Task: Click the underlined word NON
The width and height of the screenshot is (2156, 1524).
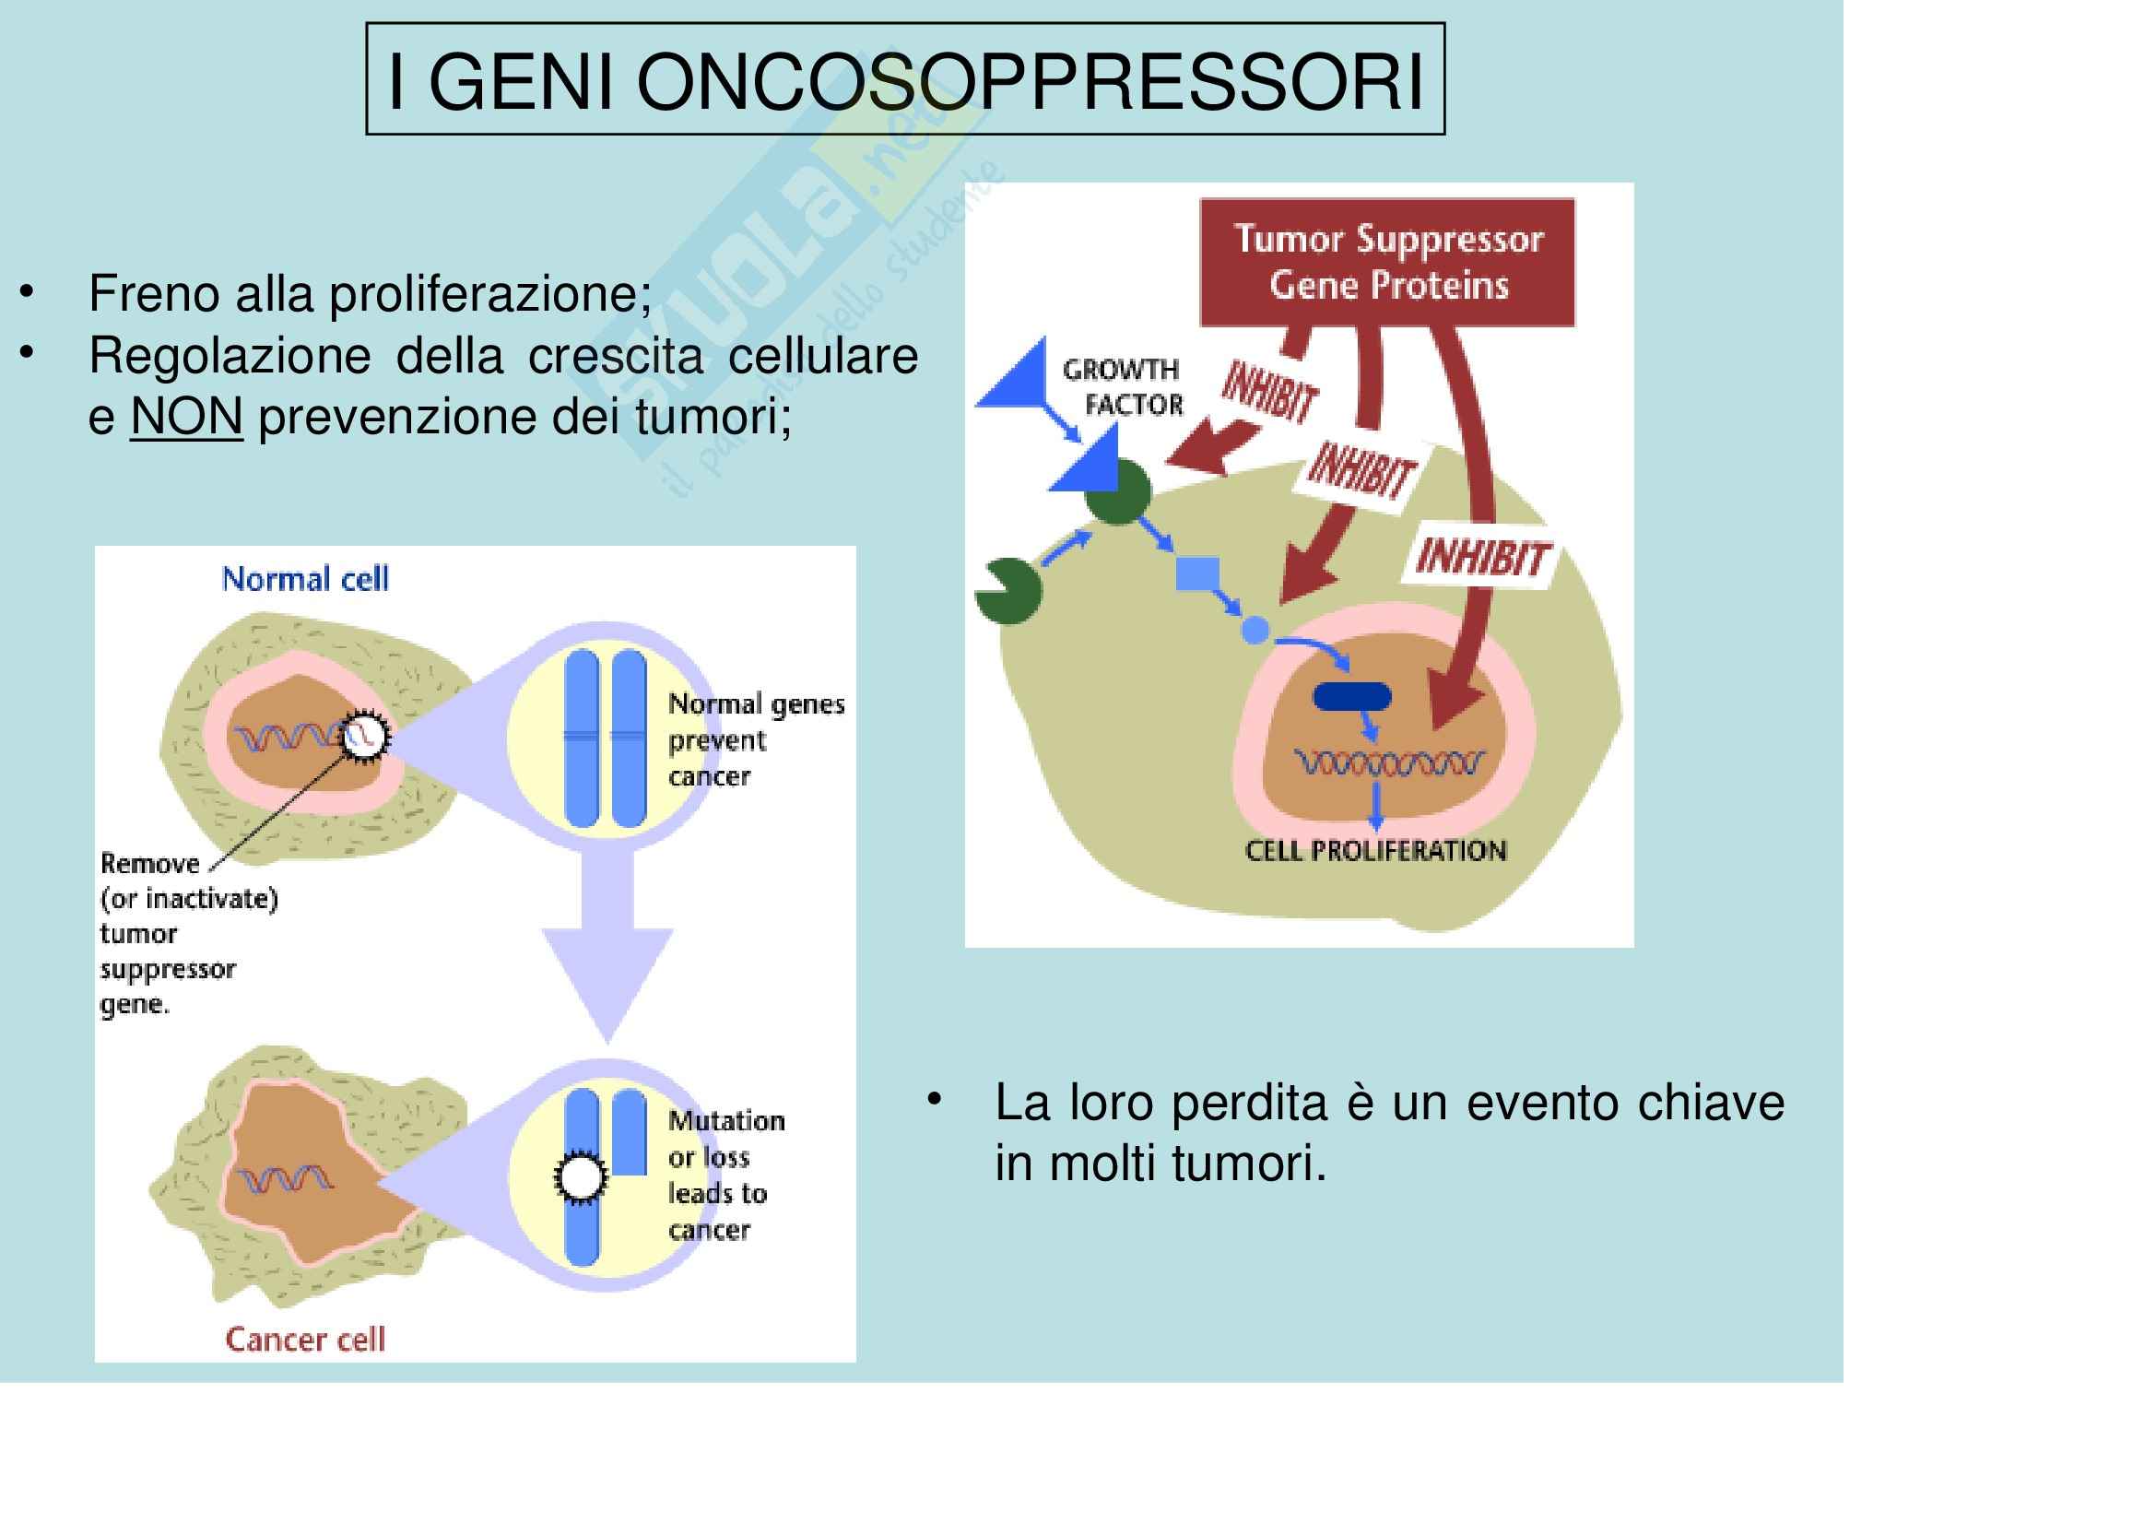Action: pos(186,416)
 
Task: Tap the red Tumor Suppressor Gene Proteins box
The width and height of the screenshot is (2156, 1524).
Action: pos(1387,262)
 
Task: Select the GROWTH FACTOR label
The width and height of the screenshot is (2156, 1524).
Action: pos(1123,387)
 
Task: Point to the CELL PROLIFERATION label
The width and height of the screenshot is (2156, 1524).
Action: pos(1374,851)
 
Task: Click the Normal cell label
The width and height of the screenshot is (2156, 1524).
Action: pos(304,579)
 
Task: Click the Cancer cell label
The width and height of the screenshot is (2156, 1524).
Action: pos(304,1339)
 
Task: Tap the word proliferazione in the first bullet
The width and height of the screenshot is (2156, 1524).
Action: pos(489,294)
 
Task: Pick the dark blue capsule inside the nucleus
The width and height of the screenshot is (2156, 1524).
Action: pos(1351,696)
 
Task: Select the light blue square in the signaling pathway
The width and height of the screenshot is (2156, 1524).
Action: pos(1197,573)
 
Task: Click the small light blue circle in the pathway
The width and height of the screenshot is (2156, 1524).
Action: pos(1255,629)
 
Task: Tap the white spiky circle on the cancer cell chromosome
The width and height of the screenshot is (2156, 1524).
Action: pos(581,1178)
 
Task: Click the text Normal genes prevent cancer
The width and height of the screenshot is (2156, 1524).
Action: pos(755,740)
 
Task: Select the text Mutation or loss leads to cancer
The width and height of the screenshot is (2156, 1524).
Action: pos(725,1175)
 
